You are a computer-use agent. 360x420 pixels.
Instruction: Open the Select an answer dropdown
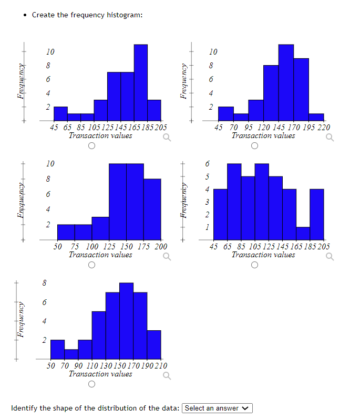pos(218,408)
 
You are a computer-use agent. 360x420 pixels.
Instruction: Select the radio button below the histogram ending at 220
pos(255,146)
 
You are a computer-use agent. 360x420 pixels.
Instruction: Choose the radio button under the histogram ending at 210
pos(92,385)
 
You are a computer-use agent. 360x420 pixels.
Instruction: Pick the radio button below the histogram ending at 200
pos(92,266)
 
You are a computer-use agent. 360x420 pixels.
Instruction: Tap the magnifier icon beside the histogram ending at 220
pos(330,139)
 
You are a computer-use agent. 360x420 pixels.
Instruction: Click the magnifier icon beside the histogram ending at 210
pos(167,376)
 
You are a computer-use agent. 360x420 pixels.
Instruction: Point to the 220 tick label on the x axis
pos(324,127)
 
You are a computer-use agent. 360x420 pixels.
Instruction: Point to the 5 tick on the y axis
pos(207,176)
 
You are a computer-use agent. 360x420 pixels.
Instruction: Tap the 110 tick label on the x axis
pos(92,365)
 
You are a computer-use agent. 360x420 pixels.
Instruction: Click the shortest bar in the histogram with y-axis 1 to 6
pos(303,233)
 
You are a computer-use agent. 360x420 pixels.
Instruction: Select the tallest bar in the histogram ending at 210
pos(126,320)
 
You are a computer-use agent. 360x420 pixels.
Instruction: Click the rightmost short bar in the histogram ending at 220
pos(316,117)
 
